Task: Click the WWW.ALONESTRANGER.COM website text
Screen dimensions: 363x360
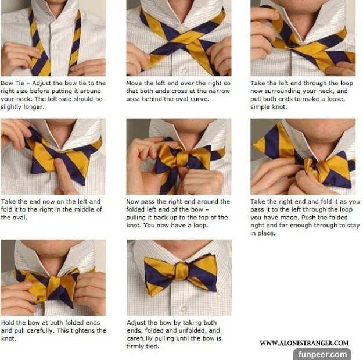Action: point(304,343)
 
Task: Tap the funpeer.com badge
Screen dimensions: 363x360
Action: point(322,354)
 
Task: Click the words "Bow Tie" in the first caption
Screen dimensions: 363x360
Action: point(13,83)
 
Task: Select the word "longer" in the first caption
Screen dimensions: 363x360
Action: point(33,107)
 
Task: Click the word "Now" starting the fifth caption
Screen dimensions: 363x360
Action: point(132,202)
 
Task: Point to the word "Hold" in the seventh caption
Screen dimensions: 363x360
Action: point(8,322)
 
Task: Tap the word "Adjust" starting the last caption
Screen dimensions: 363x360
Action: point(136,323)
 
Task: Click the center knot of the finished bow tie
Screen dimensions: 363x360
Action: point(182,271)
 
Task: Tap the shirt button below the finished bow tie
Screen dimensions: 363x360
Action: point(183,309)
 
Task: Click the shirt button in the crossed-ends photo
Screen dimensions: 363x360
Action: point(184,70)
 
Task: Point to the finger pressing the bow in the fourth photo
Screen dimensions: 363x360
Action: point(63,174)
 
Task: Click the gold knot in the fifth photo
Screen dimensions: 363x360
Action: point(182,158)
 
